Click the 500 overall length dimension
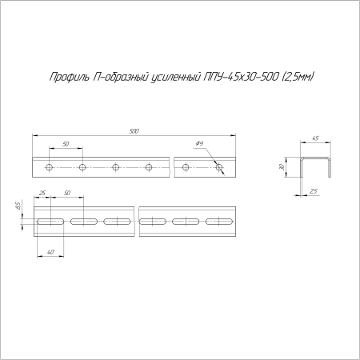(x=133, y=130)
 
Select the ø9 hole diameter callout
(x=199, y=143)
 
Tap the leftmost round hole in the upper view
(x=49, y=167)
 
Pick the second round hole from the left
(x=82, y=167)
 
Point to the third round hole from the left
(x=115, y=167)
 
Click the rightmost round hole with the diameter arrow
(x=218, y=167)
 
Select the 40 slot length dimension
(x=50, y=253)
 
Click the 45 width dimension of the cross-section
(x=315, y=139)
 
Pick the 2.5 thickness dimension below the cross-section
(x=314, y=190)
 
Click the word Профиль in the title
(x=65, y=77)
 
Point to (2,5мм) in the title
(x=298, y=77)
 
